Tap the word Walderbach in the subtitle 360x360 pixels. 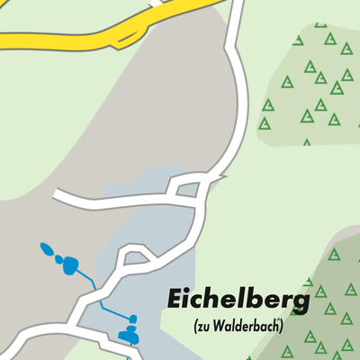coord(247,326)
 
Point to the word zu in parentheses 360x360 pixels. coord(203,326)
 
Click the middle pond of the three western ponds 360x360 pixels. coord(58,259)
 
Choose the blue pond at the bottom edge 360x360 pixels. coord(129,337)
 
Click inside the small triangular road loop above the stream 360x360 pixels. coord(136,260)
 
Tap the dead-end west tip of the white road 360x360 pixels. coord(56,194)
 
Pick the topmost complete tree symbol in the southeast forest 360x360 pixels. coord(335,255)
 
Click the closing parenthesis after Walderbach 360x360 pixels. coord(282,326)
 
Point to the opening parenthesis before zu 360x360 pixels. coord(195,326)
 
